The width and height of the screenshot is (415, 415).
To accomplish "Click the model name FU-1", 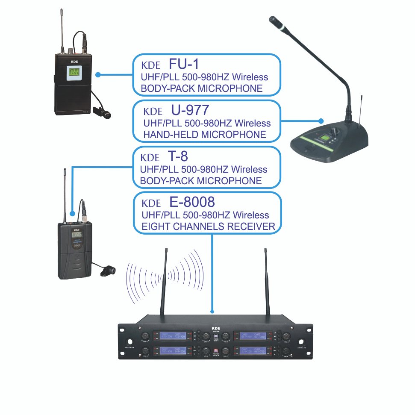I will pyautogui.click(x=184, y=64).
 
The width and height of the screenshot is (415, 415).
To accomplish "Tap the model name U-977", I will pyautogui.click(x=190, y=110).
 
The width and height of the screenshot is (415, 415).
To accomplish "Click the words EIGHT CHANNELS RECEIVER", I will pyautogui.click(x=208, y=227).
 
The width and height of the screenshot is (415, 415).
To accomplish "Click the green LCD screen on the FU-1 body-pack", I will pyautogui.click(x=74, y=73).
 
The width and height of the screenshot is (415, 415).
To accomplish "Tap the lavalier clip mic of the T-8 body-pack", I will pyautogui.click(x=108, y=271).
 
